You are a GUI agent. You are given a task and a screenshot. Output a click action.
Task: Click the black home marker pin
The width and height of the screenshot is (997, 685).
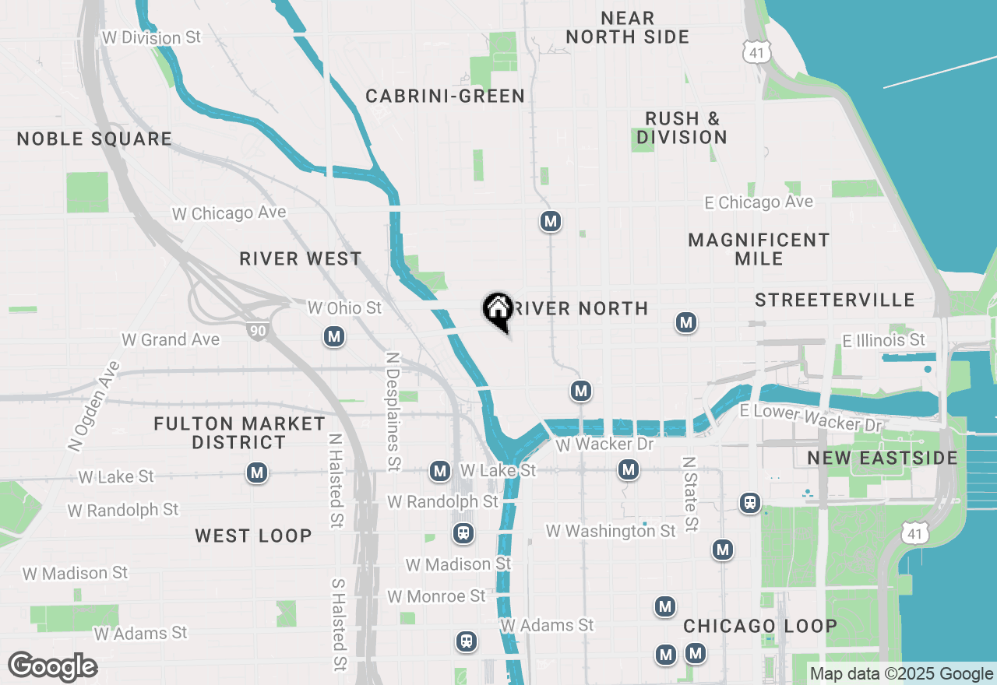[497, 311]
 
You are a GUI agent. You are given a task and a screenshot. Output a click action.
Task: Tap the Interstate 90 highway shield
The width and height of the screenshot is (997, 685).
[257, 331]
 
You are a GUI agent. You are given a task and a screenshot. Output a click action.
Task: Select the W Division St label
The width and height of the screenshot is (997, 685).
[151, 37]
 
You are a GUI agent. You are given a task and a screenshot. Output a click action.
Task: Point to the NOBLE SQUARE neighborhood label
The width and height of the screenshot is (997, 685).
[94, 139]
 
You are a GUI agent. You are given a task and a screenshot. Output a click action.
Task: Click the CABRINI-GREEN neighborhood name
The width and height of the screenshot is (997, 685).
[445, 97]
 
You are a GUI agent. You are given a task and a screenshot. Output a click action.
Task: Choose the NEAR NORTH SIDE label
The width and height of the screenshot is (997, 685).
[628, 27]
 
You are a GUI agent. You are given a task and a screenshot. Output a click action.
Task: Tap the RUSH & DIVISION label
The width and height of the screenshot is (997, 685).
[682, 128]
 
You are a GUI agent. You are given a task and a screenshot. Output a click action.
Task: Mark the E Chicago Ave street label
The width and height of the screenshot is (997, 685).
[758, 202]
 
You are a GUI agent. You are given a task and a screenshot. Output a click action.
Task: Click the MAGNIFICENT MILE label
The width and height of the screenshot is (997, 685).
[759, 249]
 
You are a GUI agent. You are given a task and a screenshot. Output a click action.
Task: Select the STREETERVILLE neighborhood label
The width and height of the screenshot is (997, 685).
[834, 300]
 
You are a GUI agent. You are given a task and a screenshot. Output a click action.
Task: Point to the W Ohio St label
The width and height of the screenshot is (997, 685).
[344, 308]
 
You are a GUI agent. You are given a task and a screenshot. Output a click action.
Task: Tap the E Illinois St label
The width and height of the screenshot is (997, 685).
[883, 340]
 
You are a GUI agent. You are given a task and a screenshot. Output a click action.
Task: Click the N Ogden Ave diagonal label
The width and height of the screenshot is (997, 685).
[93, 406]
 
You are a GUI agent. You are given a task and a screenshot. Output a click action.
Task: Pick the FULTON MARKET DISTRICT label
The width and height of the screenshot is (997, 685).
[239, 433]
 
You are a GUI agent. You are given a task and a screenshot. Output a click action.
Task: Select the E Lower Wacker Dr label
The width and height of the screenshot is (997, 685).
[810, 418]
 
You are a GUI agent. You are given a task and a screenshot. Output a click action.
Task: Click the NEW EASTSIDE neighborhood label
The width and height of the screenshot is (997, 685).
[883, 458]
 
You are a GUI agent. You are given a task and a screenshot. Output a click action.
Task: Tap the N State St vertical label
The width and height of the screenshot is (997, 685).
[689, 494]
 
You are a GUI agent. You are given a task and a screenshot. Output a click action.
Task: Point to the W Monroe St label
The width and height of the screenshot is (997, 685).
[436, 596]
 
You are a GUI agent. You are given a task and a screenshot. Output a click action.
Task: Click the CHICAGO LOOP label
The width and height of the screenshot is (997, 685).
[760, 627]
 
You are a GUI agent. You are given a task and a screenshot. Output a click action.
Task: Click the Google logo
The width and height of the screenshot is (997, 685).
[53, 667]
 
